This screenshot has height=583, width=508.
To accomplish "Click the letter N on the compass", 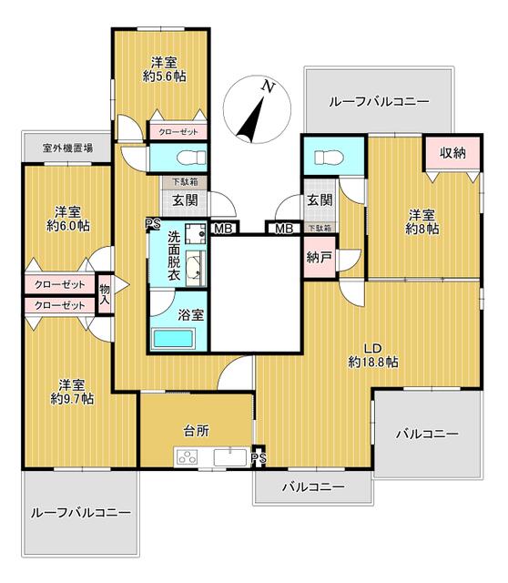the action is click(x=269, y=87).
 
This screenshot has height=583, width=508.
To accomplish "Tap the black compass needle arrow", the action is click(x=250, y=119).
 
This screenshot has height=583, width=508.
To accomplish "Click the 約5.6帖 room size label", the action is click(x=164, y=77).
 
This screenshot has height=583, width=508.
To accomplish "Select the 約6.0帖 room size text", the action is click(x=68, y=226).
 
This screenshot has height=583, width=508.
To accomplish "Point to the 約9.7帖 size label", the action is click(x=72, y=399).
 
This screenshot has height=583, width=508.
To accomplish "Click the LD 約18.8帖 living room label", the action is click(x=373, y=355).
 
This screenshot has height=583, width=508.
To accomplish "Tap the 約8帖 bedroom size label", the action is click(x=422, y=229).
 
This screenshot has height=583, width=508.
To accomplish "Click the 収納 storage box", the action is click(x=452, y=153).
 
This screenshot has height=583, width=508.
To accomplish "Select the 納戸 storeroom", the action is click(x=320, y=258).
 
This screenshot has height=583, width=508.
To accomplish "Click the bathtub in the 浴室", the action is click(x=173, y=338).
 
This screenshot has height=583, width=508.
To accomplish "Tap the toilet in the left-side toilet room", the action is click(x=192, y=158).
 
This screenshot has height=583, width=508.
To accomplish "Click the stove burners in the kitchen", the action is click(x=188, y=457).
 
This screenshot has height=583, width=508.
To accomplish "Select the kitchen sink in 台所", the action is click(x=230, y=457).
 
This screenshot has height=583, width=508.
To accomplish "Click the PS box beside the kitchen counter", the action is click(x=259, y=458).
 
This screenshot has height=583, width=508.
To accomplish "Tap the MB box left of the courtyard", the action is click(x=224, y=228).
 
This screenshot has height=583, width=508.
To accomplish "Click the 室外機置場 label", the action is click(x=67, y=148).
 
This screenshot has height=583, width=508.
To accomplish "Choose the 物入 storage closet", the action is click(x=105, y=294).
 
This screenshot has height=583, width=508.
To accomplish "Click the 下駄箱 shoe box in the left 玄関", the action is click(x=185, y=182).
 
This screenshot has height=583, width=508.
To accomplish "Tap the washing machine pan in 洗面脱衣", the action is click(x=196, y=233).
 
